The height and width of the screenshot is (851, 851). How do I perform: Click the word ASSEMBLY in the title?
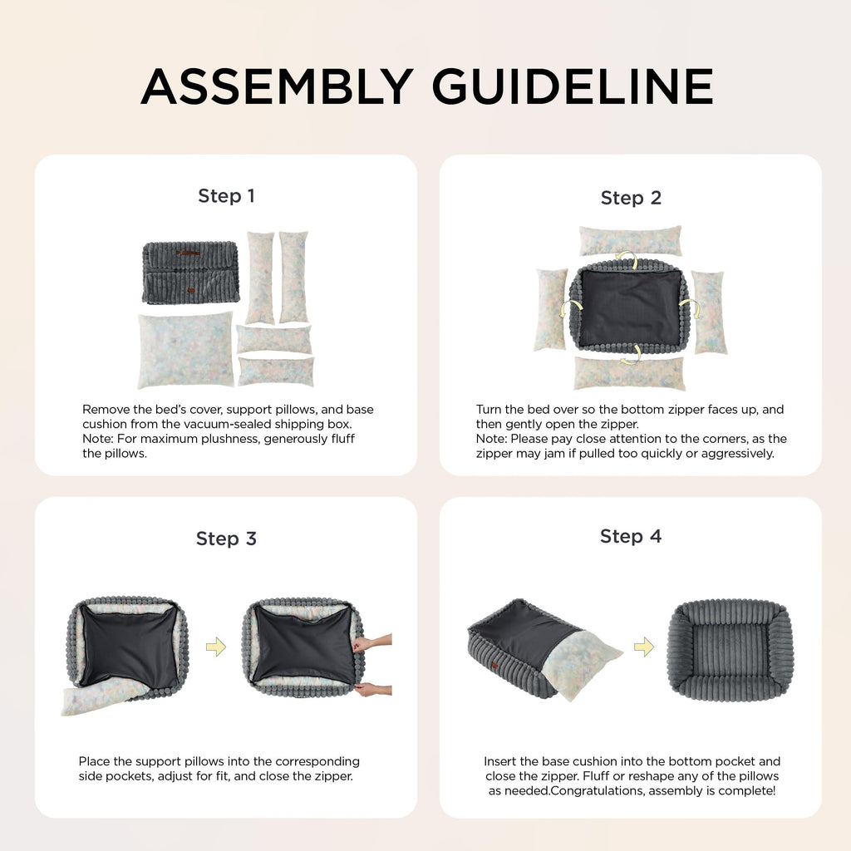tap(278, 86)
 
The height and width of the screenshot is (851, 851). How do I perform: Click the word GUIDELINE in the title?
tap(573, 86)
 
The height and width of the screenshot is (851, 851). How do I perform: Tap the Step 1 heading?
tap(226, 196)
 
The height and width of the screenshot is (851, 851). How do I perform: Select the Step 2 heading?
tap(631, 198)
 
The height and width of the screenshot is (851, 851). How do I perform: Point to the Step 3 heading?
tap(226, 539)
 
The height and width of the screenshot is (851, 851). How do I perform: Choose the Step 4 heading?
tap(631, 537)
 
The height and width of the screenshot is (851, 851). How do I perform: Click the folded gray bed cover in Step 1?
tap(191, 273)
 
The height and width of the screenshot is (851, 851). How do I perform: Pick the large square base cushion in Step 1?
tap(186, 350)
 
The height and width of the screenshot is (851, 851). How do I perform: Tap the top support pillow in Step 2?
tap(630, 240)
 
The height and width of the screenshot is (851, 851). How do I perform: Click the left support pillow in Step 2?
tap(551, 309)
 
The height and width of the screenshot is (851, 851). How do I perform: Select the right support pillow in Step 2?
tap(710, 312)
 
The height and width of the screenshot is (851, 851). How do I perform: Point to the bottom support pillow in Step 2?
tap(630, 373)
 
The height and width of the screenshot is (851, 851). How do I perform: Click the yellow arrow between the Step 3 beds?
tap(216, 647)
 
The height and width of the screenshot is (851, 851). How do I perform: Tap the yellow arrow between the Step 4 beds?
tap(644, 647)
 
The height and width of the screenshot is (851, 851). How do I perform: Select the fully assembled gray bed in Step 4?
tap(730, 650)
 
